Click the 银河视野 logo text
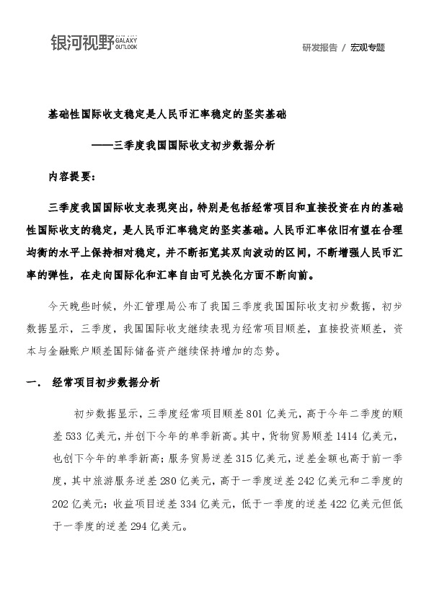(82, 42)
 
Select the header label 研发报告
(319, 48)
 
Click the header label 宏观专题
(368, 48)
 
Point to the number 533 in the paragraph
(66, 430)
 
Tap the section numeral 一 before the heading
(32, 381)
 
